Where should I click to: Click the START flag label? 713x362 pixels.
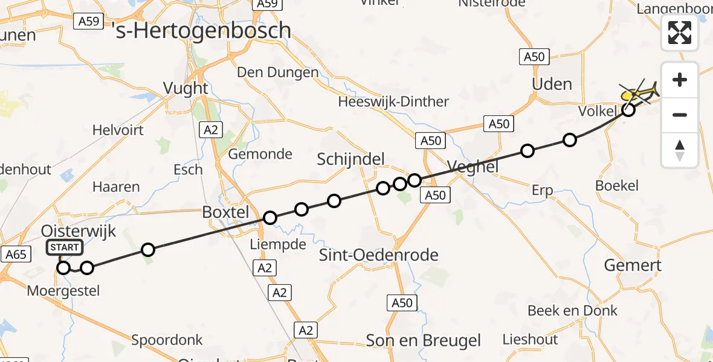pos(64,247)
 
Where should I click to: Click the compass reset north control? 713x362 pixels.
pos(680,150)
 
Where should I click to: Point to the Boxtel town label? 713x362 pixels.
pos(225,212)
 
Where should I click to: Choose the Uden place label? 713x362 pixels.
pos(552,84)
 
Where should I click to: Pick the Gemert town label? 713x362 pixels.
pos(633,265)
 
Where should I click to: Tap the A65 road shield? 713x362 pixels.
pos(15,255)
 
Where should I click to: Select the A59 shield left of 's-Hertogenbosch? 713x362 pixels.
pos(88,22)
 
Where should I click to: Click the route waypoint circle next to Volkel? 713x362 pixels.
pos(628,110)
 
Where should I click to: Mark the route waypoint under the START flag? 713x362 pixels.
pos(63,268)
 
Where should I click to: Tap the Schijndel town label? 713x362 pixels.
pos(351,159)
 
